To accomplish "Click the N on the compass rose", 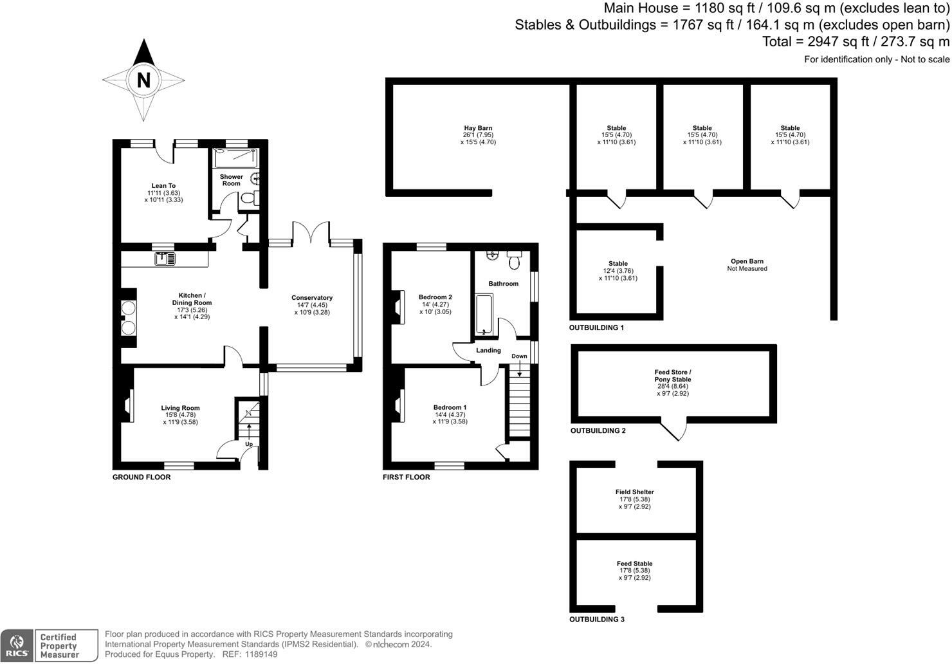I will click(143, 80).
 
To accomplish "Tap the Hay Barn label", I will click(478, 128).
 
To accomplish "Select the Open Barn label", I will click(747, 261).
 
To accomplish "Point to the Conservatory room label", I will click(312, 298).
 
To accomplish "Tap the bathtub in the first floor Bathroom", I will click(484, 315).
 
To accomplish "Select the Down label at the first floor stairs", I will click(519, 356).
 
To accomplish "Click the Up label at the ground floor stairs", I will click(248, 444).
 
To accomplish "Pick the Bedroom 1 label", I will click(450, 407).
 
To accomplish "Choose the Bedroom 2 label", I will click(435, 297).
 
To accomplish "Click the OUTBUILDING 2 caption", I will click(598, 431).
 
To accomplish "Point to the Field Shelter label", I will click(634, 492).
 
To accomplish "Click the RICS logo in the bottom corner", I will click(17, 645).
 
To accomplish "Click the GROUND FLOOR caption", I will click(142, 477).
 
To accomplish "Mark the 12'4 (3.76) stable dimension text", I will click(618, 271).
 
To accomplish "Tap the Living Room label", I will click(180, 408).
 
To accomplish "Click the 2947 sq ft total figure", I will click(830, 42).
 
